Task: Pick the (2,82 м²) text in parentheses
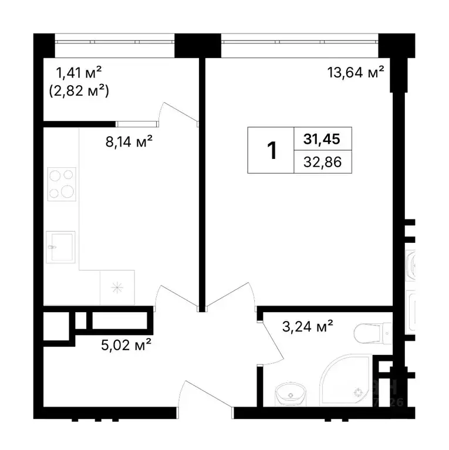[x=79, y=91]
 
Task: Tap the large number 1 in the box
[x=271, y=150]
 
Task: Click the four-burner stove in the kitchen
[x=61, y=183]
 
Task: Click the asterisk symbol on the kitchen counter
[x=117, y=287]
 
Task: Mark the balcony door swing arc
[x=179, y=111]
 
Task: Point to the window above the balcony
[x=115, y=42]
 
